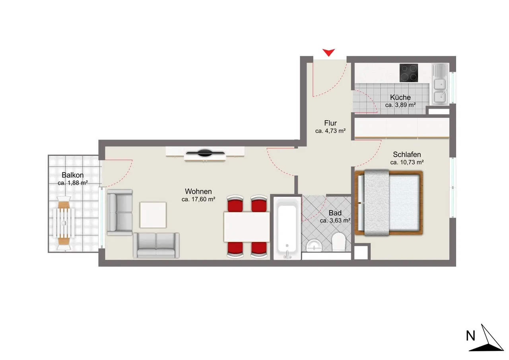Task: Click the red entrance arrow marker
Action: tap(328, 52)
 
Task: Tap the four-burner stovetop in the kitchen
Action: tap(409, 73)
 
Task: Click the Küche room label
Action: tap(400, 97)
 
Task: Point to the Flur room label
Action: tap(330, 123)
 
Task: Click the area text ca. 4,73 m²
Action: tap(330, 131)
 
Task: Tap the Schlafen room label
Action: tap(407, 155)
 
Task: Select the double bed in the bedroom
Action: tap(389, 202)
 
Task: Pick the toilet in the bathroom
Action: tap(338, 242)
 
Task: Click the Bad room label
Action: tap(335, 213)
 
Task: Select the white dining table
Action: tap(247, 227)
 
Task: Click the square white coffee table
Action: tap(153, 215)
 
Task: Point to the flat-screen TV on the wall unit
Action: tap(205, 153)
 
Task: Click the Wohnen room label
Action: tap(198, 191)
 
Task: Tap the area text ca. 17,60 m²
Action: tap(198, 199)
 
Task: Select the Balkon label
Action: tap(73, 175)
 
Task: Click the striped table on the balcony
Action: tap(64, 223)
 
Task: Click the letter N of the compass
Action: tap(470, 336)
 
